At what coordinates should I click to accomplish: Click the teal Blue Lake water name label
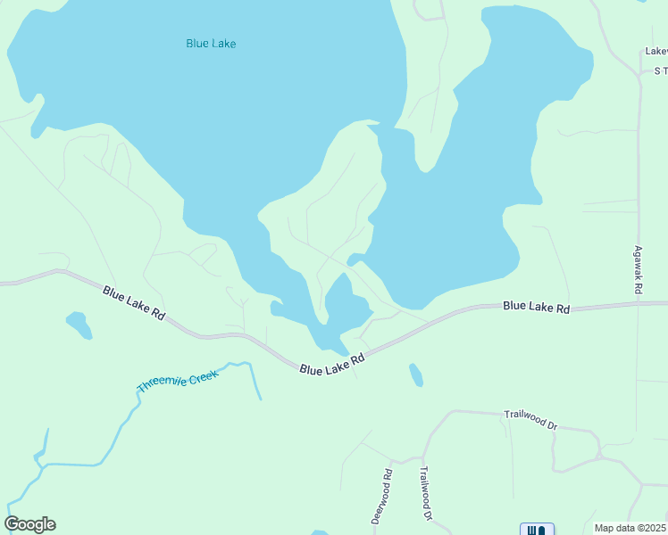pyautogui.click(x=211, y=43)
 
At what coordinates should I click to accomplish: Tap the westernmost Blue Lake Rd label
pyautogui.click(x=134, y=303)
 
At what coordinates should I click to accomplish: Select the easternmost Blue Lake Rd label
pyautogui.click(x=536, y=307)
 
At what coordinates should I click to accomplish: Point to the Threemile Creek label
pyautogui.click(x=178, y=381)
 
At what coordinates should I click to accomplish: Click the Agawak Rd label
pyautogui.click(x=639, y=271)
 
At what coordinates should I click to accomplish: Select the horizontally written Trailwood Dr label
pyautogui.click(x=530, y=419)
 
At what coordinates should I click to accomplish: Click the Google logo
pyautogui.click(x=29, y=524)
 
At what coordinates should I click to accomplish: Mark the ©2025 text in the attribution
pyautogui.click(x=651, y=528)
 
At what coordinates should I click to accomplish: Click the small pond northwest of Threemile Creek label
pyautogui.click(x=79, y=325)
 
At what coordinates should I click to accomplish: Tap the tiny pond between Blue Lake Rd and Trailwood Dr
pyautogui.click(x=415, y=374)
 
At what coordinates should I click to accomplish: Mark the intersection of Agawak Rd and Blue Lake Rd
pyautogui.click(x=639, y=304)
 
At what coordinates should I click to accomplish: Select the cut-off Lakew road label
pyautogui.click(x=656, y=52)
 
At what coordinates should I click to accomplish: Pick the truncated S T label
pyautogui.click(x=661, y=70)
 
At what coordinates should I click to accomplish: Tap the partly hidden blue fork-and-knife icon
pyautogui.click(x=537, y=529)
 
